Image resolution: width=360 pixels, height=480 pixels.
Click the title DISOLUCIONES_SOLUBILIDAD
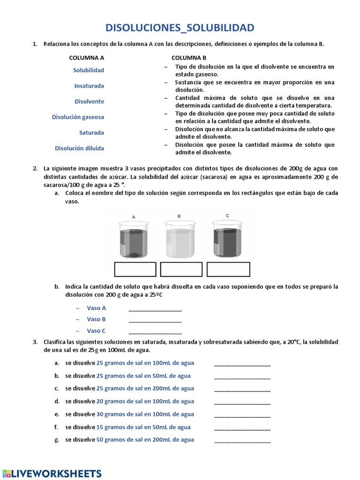(180, 28)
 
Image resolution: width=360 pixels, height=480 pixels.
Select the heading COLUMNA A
(87, 58)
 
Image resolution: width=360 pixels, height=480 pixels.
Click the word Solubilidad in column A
(89, 70)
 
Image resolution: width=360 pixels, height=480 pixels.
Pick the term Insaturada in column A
(89, 86)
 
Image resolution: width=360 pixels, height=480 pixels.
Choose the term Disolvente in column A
(90, 101)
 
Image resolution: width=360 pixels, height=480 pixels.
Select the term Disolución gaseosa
(78, 117)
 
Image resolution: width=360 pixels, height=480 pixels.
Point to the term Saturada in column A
(91, 133)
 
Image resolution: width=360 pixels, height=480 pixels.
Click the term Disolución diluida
(79, 148)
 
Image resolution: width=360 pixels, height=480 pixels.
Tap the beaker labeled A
(134, 239)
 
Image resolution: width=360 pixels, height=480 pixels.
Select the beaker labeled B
(180, 239)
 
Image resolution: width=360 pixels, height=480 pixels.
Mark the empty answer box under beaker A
(135, 270)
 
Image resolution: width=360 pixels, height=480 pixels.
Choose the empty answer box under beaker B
(181, 270)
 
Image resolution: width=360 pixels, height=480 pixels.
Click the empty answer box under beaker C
(228, 270)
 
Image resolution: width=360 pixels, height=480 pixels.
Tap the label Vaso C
(96, 330)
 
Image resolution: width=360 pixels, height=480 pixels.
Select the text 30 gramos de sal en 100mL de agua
(145, 414)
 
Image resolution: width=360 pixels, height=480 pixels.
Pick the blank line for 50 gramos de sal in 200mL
(242, 440)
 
